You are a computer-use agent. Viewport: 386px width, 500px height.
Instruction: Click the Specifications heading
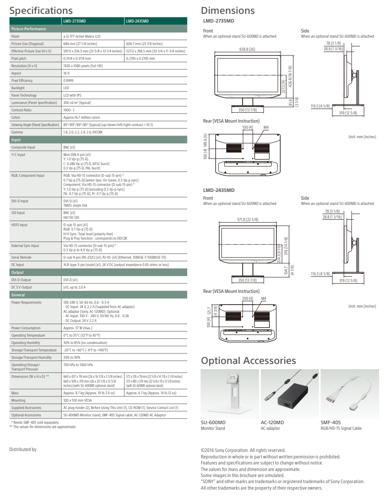pos(41,10)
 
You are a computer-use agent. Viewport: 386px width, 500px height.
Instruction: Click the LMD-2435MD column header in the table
pos(137,21)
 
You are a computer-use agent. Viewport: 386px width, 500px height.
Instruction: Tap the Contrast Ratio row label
pos(22,110)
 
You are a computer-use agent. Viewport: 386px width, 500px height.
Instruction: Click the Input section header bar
pos(98,140)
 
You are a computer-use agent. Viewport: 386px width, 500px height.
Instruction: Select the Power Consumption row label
pos(26,328)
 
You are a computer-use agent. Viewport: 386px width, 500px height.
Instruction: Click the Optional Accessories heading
pos(248,360)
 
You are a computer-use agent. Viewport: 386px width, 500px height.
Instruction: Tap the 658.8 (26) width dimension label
pos(247,49)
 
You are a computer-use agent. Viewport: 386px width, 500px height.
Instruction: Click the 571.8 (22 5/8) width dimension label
pos(247,220)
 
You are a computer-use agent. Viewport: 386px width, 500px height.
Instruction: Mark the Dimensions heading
pos(227,10)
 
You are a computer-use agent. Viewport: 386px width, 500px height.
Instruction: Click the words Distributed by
pos(23,449)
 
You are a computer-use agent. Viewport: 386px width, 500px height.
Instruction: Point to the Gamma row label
pos(18,132)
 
